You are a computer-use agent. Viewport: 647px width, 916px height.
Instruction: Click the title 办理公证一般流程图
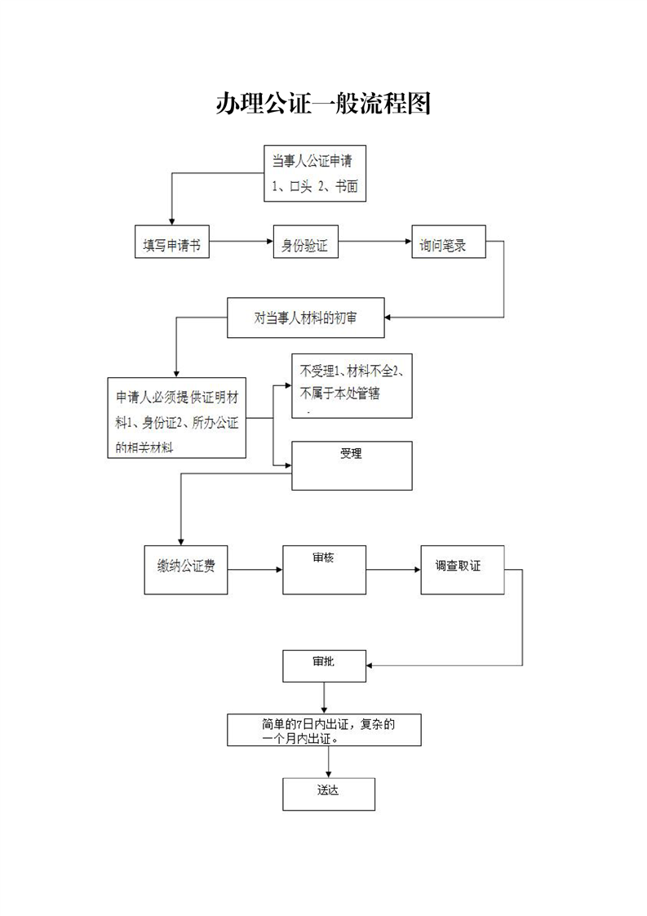point(323,104)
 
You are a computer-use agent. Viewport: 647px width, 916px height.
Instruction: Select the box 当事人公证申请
point(315,174)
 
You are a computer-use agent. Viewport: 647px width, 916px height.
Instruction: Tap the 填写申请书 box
point(171,242)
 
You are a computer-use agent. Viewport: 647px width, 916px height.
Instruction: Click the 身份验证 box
point(305,242)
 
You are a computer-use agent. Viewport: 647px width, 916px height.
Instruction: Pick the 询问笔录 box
point(449,242)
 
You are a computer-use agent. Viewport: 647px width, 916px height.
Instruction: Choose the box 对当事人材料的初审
point(305,318)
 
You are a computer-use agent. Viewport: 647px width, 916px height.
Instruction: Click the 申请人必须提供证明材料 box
point(176,417)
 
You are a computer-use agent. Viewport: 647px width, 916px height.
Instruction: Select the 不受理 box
point(352,385)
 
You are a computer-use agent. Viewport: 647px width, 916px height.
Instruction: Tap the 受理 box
point(352,465)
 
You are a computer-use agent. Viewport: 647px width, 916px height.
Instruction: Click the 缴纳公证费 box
point(186,570)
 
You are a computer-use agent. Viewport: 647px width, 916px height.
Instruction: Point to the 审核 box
point(324,570)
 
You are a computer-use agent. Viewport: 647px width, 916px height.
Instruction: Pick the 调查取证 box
point(462,570)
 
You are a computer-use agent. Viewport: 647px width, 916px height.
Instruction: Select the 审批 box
point(324,666)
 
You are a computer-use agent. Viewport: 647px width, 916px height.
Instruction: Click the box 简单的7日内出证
point(324,730)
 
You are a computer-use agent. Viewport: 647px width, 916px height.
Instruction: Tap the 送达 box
point(329,794)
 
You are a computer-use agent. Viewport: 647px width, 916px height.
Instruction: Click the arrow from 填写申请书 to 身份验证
point(242,242)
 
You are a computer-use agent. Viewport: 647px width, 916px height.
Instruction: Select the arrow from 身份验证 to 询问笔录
point(374,242)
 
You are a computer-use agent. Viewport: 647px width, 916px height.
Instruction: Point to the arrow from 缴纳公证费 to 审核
point(255,570)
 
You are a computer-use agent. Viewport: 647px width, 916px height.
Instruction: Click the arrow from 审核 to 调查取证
point(393,570)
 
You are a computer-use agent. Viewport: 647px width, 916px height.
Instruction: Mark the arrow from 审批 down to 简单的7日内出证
point(324,697)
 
